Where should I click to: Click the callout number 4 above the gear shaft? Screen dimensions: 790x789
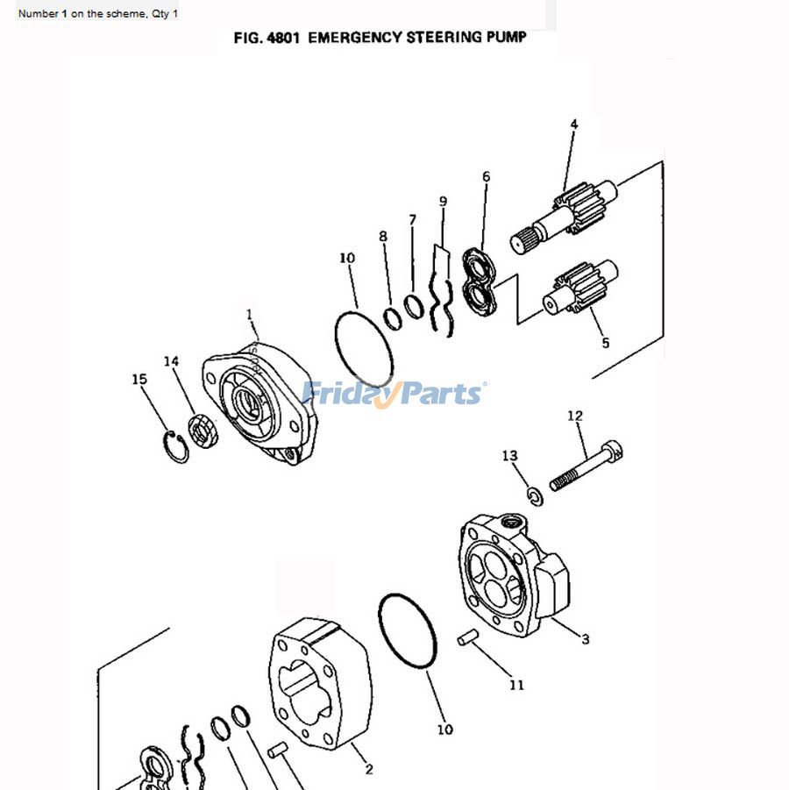[573, 125]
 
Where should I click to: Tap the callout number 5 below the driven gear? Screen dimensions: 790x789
[605, 343]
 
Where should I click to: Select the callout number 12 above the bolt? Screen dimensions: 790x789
[575, 416]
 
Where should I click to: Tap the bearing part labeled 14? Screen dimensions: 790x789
[203, 432]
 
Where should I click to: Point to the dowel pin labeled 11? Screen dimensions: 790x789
[468, 638]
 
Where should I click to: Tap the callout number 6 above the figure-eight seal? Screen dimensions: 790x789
[486, 177]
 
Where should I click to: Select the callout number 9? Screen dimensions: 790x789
[443, 202]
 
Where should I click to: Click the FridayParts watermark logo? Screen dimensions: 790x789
[394, 393]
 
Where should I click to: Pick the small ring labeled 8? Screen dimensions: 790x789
[393, 317]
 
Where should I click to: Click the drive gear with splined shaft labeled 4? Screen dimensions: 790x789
[561, 219]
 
